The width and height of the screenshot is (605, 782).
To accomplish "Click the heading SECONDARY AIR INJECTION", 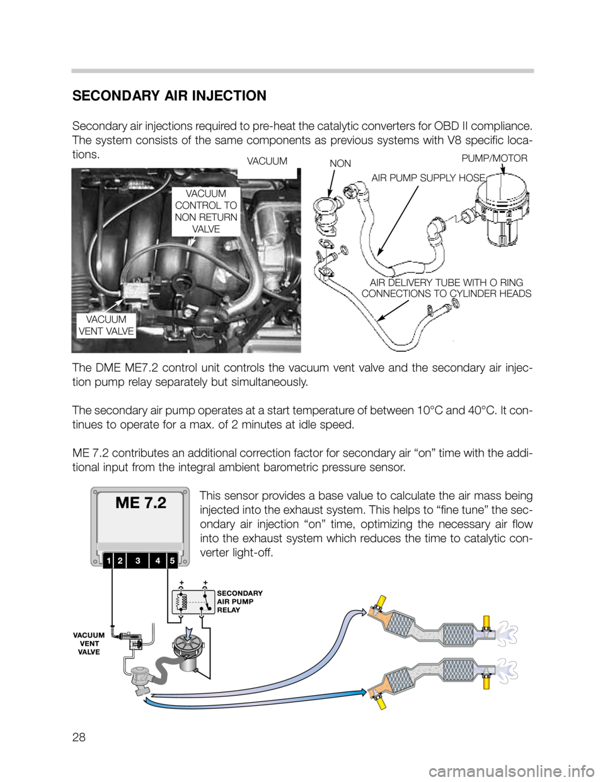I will (x=169, y=96).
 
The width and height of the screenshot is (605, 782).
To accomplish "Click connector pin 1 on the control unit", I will (x=109, y=559).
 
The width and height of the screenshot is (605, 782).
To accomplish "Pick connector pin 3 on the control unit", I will (x=137, y=559).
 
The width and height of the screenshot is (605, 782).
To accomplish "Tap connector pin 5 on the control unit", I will (x=171, y=559).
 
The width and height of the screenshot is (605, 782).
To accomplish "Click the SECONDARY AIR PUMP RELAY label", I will (x=239, y=601).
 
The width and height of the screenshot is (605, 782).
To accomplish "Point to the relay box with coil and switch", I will (x=192, y=602).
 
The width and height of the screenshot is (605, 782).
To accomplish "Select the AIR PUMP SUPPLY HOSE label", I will (x=428, y=178).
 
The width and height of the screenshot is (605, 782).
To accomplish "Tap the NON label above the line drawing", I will (x=340, y=163).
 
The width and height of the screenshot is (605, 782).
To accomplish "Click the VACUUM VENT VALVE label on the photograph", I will (x=105, y=326).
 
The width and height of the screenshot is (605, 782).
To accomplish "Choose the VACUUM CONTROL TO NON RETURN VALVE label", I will (x=206, y=211).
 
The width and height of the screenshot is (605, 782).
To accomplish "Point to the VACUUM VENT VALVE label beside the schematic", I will (x=88, y=643).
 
